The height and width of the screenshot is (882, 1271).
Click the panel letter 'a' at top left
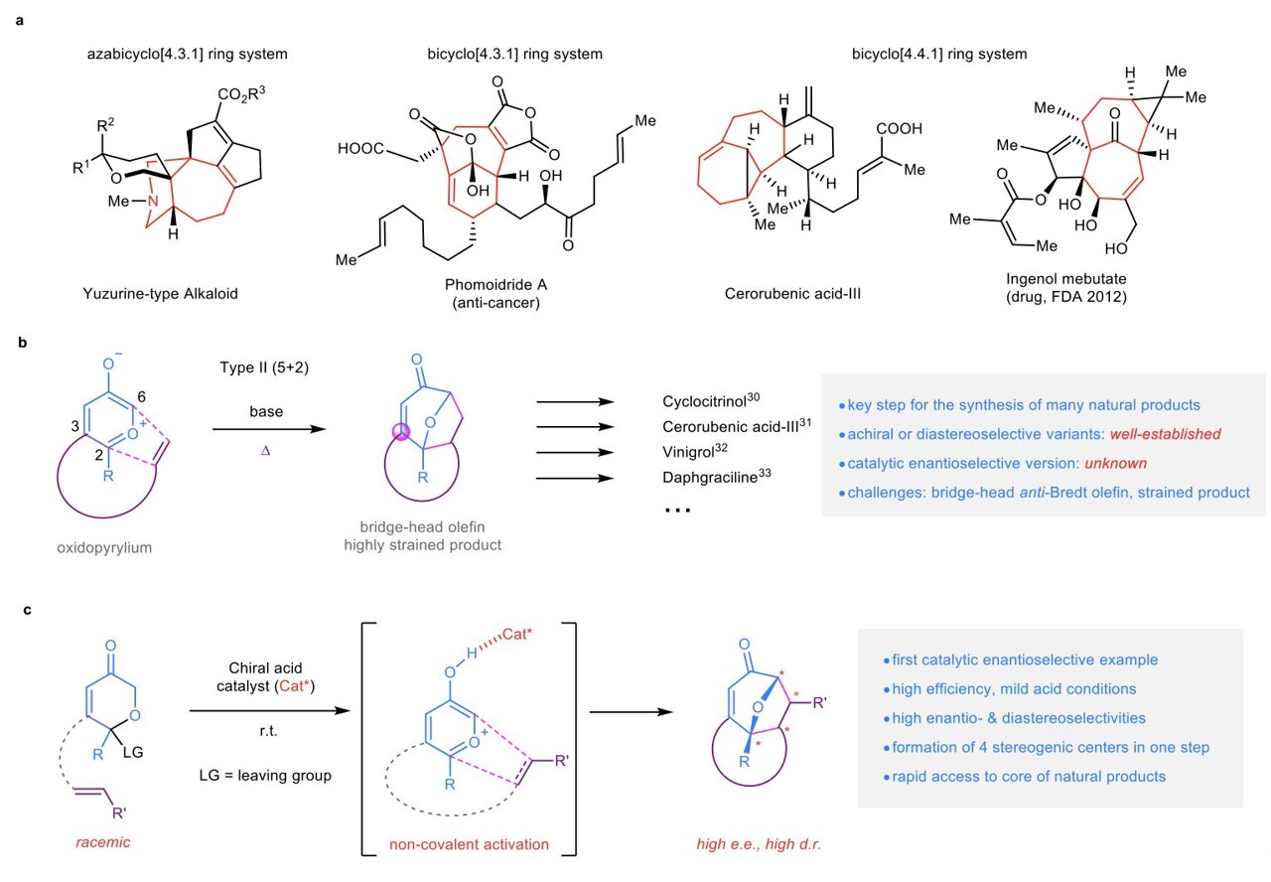[20, 18]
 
